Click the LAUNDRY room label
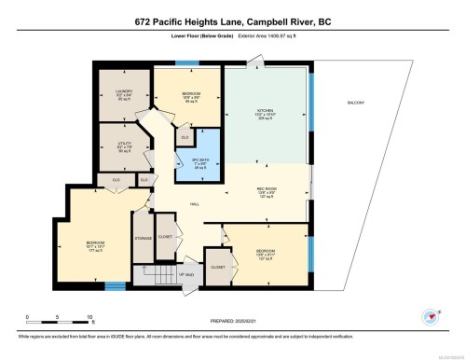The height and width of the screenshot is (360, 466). pyautogui.click(x=111, y=92)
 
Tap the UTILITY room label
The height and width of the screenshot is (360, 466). pyautogui.click(x=111, y=145)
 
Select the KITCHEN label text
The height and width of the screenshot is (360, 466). pyautogui.click(x=266, y=110)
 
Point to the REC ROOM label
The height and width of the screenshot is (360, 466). pyautogui.click(x=267, y=189)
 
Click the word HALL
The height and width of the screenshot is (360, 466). pyautogui.click(x=195, y=202)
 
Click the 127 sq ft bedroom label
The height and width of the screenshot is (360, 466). pyautogui.click(x=266, y=251)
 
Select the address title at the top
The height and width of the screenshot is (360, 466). pyautogui.click(x=233, y=20)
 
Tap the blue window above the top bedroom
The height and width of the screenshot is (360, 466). pyautogui.click(x=187, y=62)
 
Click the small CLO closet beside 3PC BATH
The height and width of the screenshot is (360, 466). pyautogui.click(x=186, y=137)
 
